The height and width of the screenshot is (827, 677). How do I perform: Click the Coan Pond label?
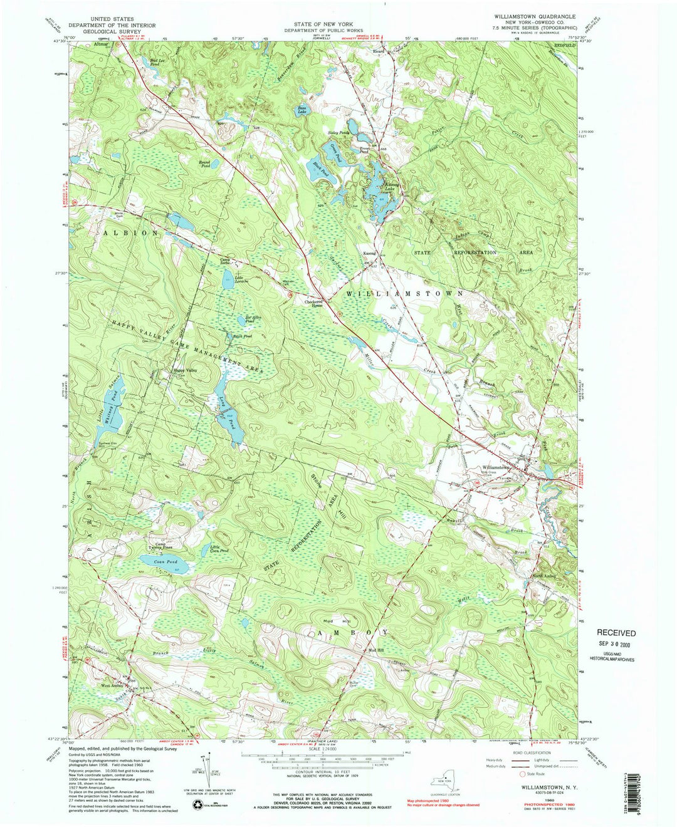[x=166, y=562]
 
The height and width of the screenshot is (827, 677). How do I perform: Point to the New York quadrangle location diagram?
[x=442, y=782]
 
